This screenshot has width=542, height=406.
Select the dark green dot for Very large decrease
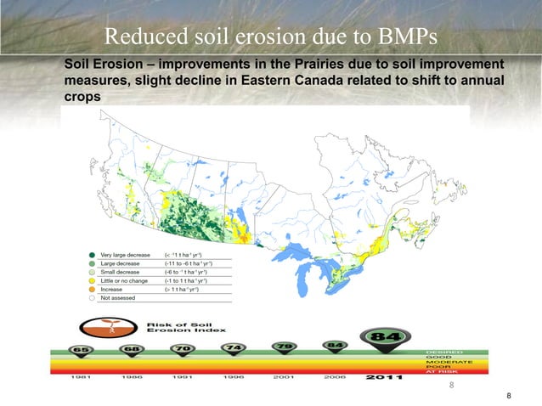point(91,255)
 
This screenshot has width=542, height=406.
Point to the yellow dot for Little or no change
point(91,280)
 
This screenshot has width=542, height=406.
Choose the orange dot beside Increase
point(91,289)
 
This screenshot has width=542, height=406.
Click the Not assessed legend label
point(118,298)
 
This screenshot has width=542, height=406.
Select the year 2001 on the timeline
point(284,378)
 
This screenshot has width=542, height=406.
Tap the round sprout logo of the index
point(102,328)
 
